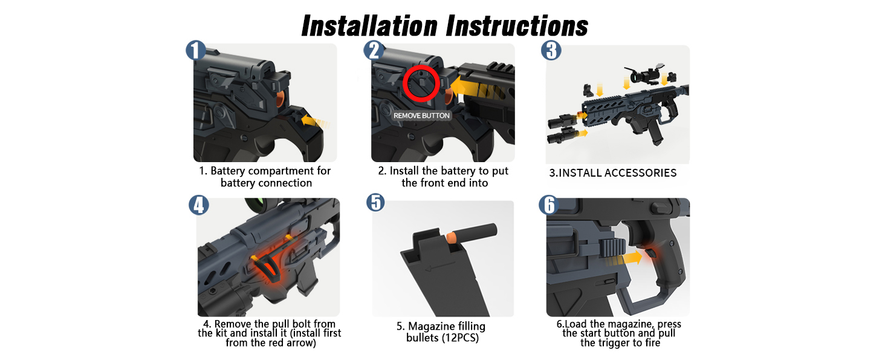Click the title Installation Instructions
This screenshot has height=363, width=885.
[444, 26]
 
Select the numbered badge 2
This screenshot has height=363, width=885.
[374, 50]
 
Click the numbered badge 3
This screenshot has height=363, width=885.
[551, 50]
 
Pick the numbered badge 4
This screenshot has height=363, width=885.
[198, 205]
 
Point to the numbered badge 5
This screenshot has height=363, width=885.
[375, 202]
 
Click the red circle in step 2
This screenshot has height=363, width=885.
[420, 85]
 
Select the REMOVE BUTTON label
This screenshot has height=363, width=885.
[422, 116]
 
